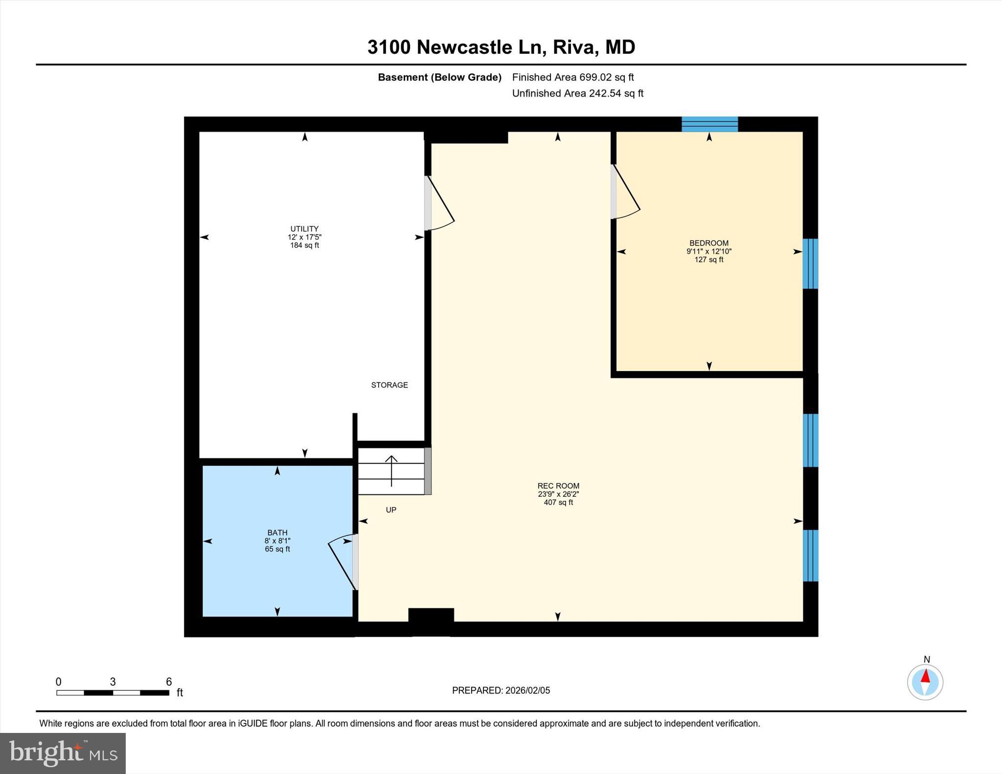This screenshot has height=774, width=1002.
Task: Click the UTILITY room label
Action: pyautogui.click(x=304, y=229)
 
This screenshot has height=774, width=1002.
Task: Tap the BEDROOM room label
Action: pyautogui.click(x=708, y=243)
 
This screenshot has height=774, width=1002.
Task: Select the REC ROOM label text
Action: pyautogui.click(x=558, y=486)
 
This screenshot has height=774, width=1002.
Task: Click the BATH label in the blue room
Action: pyautogui.click(x=277, y=532)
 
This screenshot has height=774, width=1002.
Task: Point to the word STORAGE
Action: pyautogui.click(x=389, y=385)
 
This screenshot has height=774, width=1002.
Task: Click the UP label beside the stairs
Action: pyautogui.click(x=391, y=510)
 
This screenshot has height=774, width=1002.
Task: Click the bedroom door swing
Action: pyautogui.click(x=627, y=196)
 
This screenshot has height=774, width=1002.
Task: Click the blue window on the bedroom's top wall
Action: pyautogui.click(x=709, y=124)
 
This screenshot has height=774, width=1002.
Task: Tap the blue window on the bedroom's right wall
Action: pyautogui.click(x=810, y=264)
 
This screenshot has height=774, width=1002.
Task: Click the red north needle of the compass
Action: pyautogui.click(x=925, y=677)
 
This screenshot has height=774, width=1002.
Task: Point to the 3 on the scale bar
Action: pyautogui.click(x=113, y=682)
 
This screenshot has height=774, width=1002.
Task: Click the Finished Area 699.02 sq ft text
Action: pyautogui.click(x=572, y=77)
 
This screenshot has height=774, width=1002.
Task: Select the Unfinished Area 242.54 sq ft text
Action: pyautogui.click(x=577, y=93)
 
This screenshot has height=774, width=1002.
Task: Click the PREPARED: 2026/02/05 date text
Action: pyautogui.click(x=501, y=690)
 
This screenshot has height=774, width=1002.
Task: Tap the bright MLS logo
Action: pyautogui.click(x=63, y=753)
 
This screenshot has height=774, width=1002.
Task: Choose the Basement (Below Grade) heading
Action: pyautogui.click(x=439, y=77)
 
